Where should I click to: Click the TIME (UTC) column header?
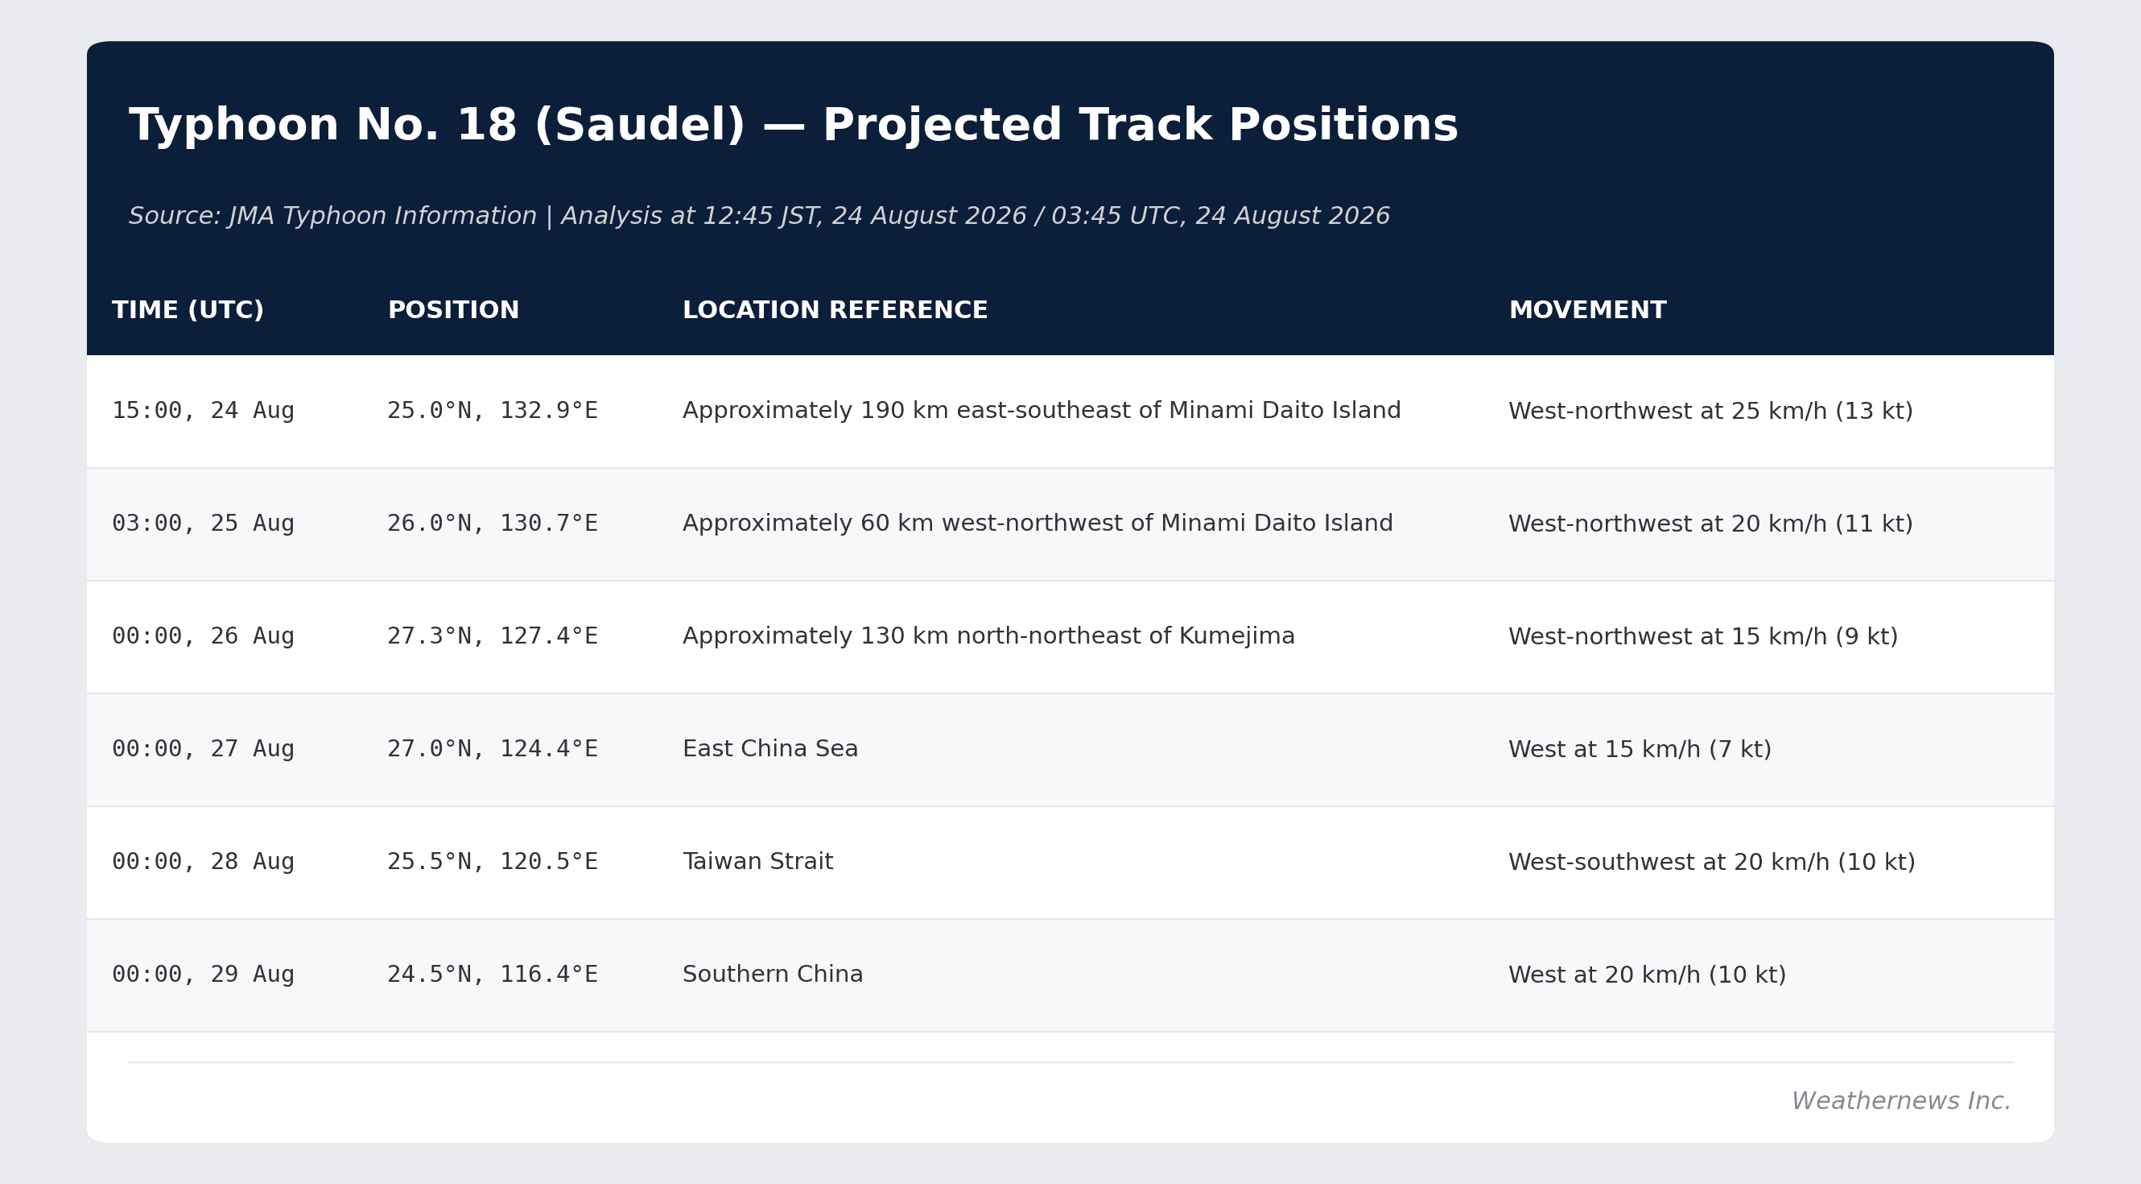coord(188,310)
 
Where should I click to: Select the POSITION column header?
coord(454,310)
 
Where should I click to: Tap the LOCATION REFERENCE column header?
coord(835,310)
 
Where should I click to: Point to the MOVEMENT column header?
coord(1587,310)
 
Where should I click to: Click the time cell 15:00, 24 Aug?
coord(204,411)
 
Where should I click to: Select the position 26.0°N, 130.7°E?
coord(493,524)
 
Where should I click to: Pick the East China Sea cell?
coord(770,749)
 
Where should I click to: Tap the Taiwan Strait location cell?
coord(758,861)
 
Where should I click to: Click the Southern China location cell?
coord(773,975)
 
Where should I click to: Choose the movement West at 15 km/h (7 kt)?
coord(1640,749)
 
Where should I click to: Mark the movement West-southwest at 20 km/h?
coord(1669,862)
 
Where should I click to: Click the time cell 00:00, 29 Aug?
coord(204,975)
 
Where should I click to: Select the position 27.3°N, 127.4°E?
coord(493,636)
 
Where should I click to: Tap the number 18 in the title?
coord(486,126)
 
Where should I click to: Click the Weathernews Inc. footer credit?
coord(1901,1101)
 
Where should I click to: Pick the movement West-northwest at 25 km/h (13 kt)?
coord(1710,412)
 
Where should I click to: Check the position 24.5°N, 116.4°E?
coord(493,975)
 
